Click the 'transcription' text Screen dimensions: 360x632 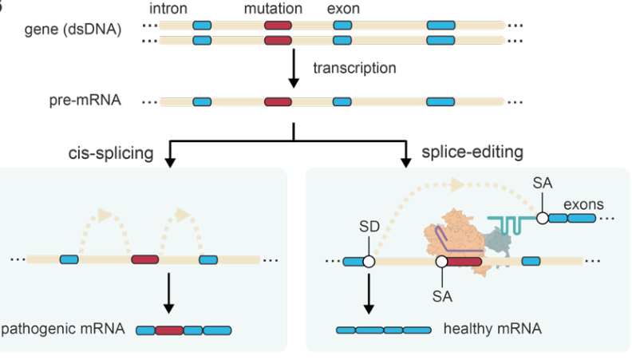(x=354, y=68)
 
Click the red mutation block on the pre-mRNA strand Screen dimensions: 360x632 (x=277, y=101)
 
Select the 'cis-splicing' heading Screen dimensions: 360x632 (x=111, y=152)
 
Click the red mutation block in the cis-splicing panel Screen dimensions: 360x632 (x=144, y=259)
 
